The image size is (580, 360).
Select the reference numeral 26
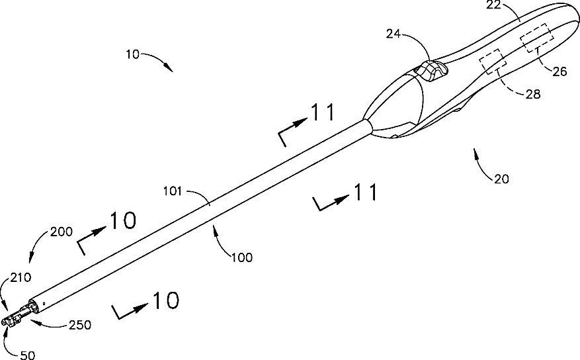click(x=559, y=72)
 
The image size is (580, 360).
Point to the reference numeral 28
click(x=533, y=95)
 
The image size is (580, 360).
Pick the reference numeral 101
click(x=173, y=192)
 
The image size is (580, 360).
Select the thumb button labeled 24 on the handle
click(x=430, y=69)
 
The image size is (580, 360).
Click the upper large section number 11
click(x=323, y=113)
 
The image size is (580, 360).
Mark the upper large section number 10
click(x=122, y=221)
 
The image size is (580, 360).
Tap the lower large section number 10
click(x=165, y=300)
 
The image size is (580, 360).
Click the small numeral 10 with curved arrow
click(x=132, y=55)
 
